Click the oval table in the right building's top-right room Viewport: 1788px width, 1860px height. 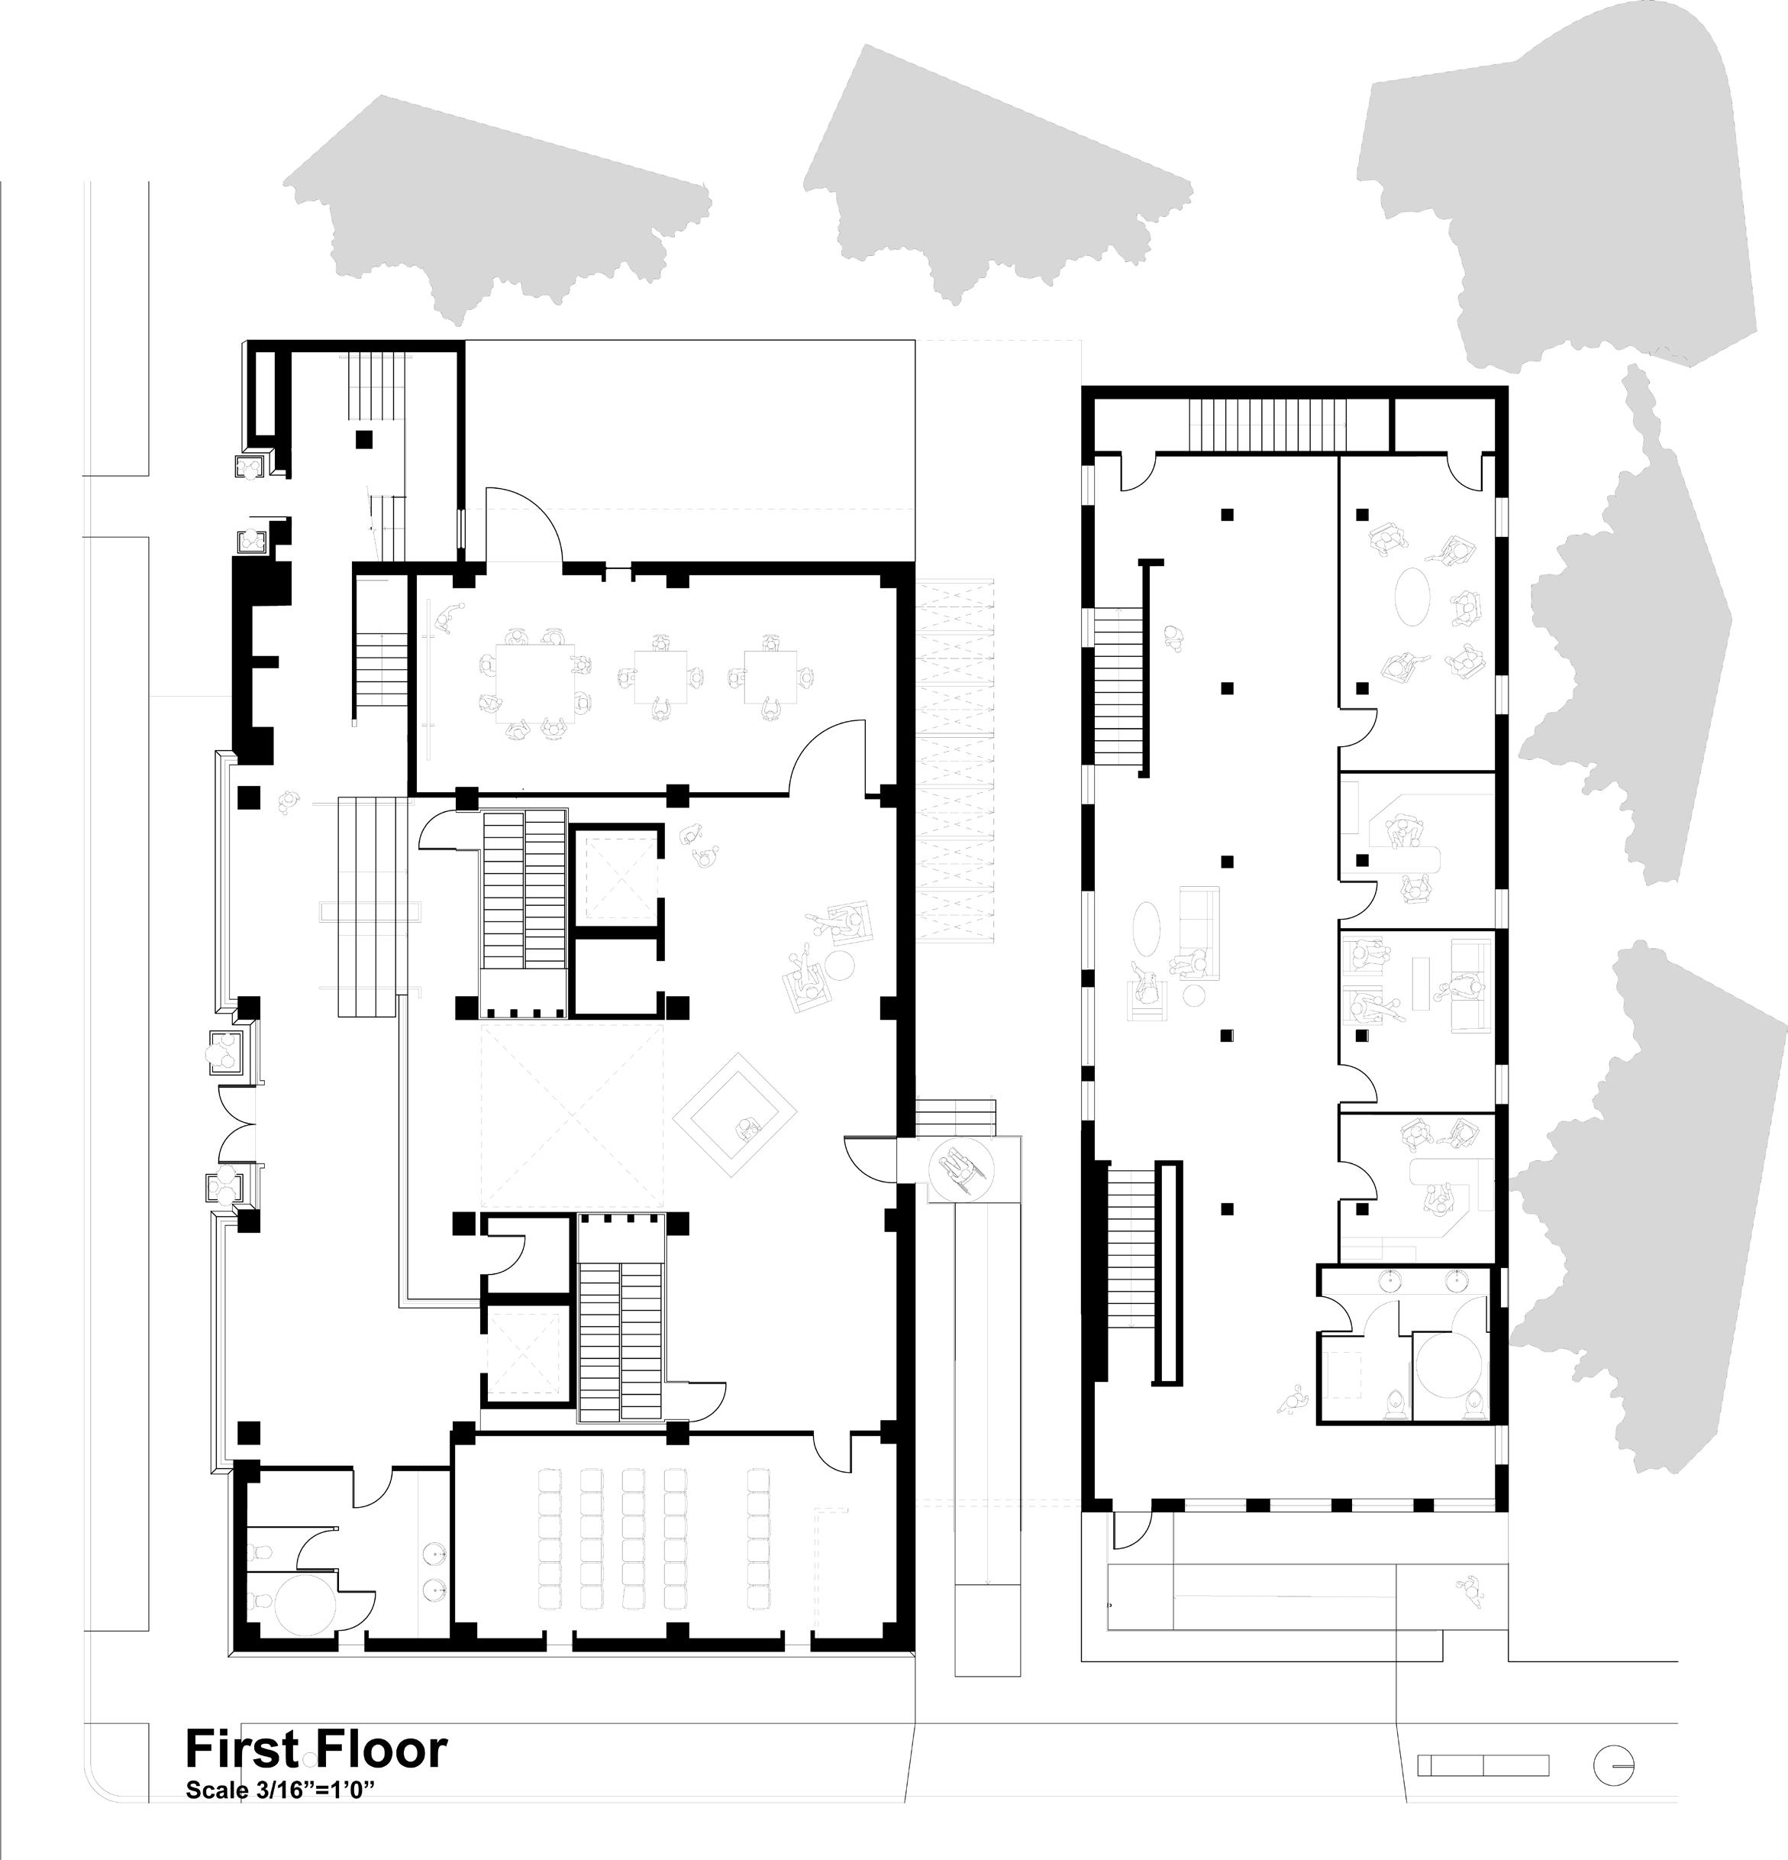point(1413,595)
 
